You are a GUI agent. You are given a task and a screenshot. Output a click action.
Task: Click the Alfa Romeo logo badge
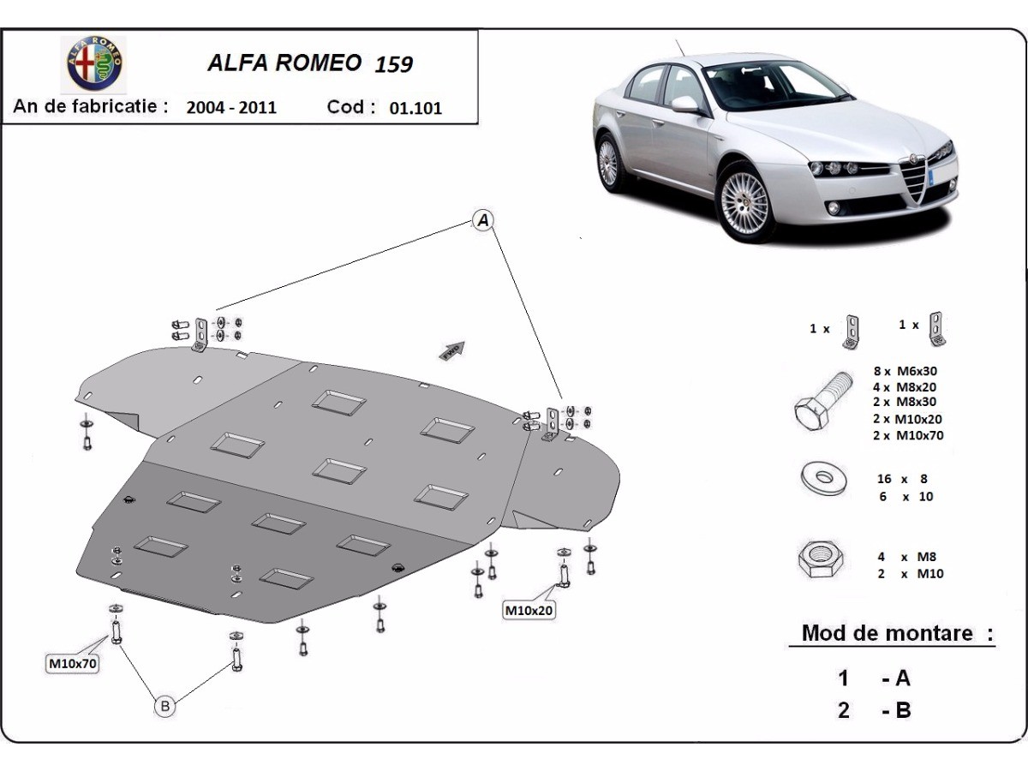[x=95, y=64]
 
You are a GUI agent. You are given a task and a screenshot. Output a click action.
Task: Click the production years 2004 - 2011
[x=231, y=108]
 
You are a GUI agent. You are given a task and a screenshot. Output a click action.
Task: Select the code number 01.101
[x=415, y=108]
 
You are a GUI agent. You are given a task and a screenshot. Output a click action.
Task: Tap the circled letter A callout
[x=483, y=221]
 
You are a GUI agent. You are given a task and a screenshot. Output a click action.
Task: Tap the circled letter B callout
[x=165, y=706]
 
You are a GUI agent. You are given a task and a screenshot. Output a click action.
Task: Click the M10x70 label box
[x=72, y=663]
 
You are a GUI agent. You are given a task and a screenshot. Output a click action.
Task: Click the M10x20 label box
[x=529, y=611]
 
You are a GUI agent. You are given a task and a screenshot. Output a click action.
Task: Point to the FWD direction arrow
[x=451, y=350]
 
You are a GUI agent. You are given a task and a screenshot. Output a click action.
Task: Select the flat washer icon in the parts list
[x=819, y=480]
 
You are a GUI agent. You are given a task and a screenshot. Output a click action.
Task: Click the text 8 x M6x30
[x=907, y=371]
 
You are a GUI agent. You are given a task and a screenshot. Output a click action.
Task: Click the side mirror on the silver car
[x=685, y=104]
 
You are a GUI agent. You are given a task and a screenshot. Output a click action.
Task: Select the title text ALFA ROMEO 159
[x=310, y=64]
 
